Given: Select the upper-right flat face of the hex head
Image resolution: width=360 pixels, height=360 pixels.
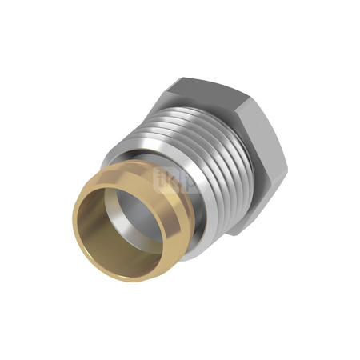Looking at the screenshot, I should (x=269, y=128).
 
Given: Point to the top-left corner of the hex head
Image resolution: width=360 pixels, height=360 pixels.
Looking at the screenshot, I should (x=181, y=78).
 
